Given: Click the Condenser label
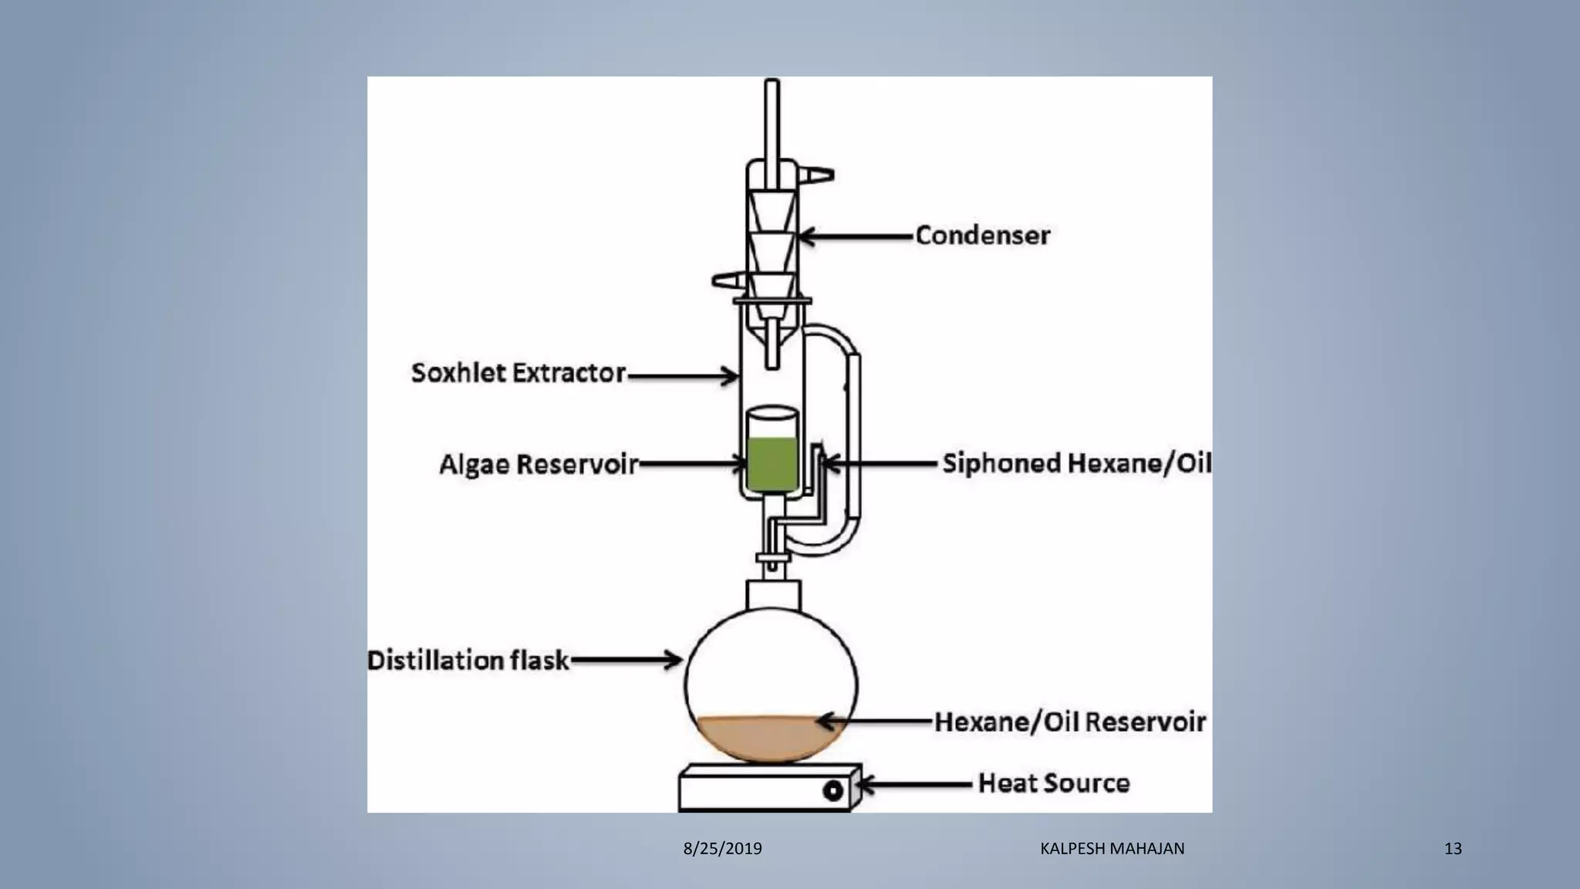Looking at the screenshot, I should click(x=982, y=235).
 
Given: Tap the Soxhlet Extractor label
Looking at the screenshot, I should click(x=518, y=373).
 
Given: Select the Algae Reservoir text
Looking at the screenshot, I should click(x=538, y=465).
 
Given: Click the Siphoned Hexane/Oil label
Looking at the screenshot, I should click(x=1076, y=463).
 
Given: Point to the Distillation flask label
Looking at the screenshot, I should click(x=468, y=661).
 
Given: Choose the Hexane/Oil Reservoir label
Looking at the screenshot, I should click(x=1069, y=722).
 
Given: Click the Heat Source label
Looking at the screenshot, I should click(x=1053, y=783).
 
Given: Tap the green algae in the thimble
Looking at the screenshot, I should click(x=771, y=463).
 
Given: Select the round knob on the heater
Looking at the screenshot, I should click(x=832, y=791).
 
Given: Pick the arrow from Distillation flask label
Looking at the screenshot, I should click(x=625, y=660).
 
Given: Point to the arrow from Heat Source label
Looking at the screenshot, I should click(x=914, y=785).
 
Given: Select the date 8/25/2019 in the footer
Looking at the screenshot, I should click(x=722, y=849).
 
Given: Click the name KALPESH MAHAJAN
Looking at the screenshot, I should click(x=1112, y=849).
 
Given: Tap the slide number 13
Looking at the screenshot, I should click(x=1453, y=849).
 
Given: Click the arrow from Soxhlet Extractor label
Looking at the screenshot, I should click(x=683, y=377).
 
